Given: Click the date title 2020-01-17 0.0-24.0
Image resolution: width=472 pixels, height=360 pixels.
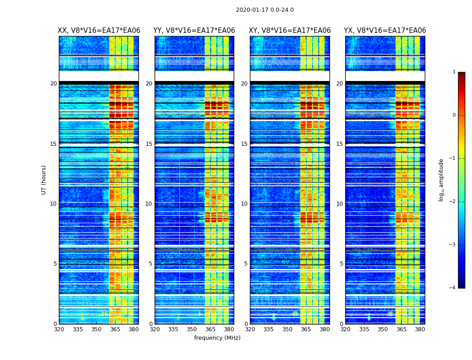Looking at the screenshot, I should (265, 10).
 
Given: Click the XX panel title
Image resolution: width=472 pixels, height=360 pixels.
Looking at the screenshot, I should (99, 31).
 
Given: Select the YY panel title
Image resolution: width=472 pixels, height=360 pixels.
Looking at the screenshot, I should (194, 31).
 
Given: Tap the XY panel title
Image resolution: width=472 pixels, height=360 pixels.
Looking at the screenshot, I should (290, 31).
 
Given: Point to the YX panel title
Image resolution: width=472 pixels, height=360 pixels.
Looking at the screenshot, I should (385, 31).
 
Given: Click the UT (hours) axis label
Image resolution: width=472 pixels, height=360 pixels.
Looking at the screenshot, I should (44, 180).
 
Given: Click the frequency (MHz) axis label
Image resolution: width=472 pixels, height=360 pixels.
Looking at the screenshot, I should (217, 338).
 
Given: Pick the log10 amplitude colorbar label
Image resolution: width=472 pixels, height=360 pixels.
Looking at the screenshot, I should (441, 180).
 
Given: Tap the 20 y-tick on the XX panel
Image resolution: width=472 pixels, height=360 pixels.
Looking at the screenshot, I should (53, 84).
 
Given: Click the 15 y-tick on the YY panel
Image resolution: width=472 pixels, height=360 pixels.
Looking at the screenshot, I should (149, 144).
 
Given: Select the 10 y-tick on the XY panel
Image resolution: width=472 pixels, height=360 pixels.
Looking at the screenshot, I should (244, 204).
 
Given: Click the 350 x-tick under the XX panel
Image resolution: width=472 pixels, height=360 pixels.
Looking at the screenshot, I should (96, 329).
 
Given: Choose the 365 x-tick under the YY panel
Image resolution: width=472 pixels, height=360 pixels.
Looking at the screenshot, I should (210, 329).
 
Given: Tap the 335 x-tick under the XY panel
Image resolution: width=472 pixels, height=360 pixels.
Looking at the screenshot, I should (269, 329).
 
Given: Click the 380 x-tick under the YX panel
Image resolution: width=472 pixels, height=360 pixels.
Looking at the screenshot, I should (420, 329).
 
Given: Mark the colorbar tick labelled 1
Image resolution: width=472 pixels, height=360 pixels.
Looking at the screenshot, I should (454, 72).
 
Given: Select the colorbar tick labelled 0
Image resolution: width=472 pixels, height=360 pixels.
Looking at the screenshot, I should (454, 115).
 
